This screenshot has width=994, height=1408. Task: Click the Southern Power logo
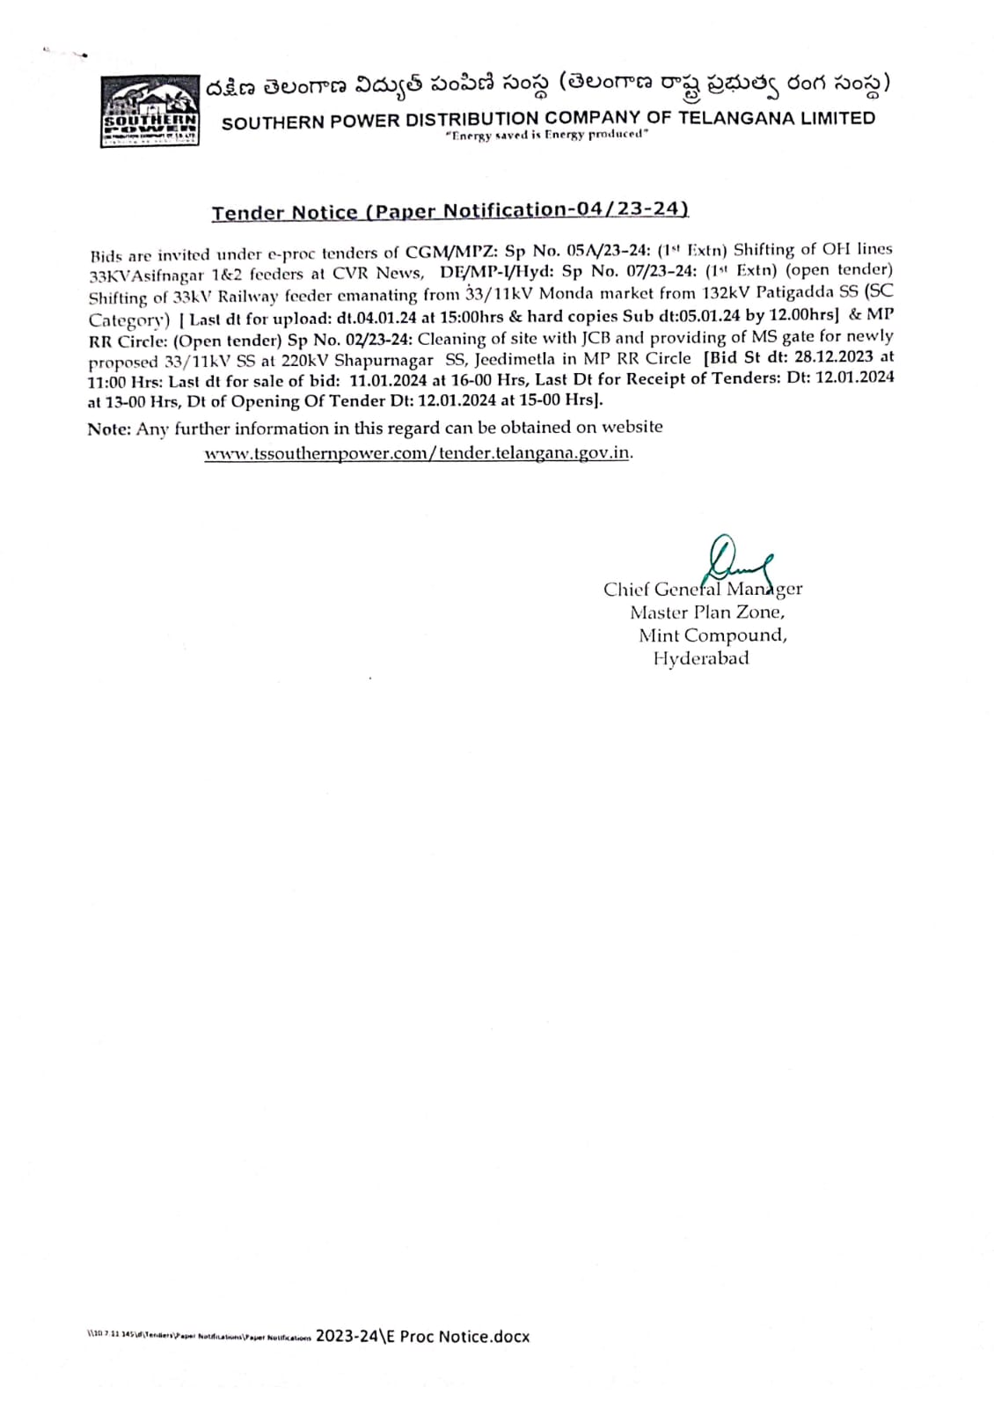[x=150, y=112]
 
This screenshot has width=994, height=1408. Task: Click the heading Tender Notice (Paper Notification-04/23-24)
[x=449, y=211]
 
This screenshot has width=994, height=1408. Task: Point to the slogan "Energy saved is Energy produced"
[x=547, y=136]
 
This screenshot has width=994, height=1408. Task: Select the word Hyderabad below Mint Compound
[x=701, y=658]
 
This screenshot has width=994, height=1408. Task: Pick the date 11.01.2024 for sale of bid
[x=388, y=379]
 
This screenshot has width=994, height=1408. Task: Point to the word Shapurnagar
[x=384, y=360]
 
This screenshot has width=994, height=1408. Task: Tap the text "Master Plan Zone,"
[x=707, y=612]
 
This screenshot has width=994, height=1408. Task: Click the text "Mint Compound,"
[x=713, y=635]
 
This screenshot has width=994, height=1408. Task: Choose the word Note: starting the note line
[x=109, y=429]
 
